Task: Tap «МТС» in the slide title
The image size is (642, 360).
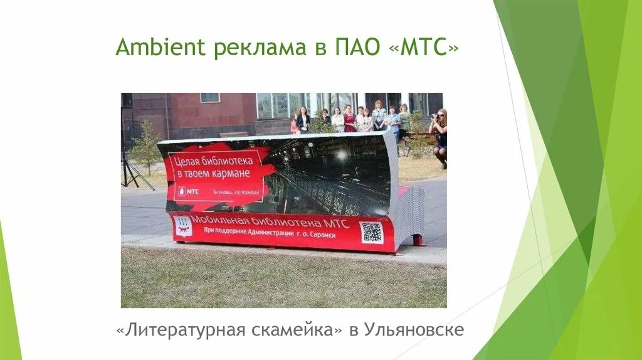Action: click(423, 48)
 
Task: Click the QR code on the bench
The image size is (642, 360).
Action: click(371, 232)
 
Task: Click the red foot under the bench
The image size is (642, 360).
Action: click(418, 241)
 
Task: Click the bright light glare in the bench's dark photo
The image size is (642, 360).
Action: click(342, 154)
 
